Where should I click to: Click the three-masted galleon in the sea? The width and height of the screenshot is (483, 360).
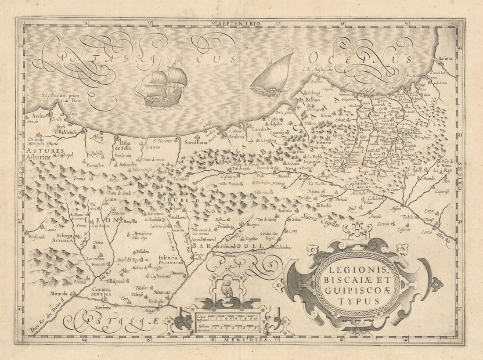coord(162,83)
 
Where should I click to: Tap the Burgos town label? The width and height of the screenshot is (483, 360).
coord(252,224)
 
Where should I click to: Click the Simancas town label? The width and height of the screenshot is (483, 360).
coord(162,292)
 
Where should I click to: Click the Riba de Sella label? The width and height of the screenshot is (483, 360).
coord(123,145)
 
